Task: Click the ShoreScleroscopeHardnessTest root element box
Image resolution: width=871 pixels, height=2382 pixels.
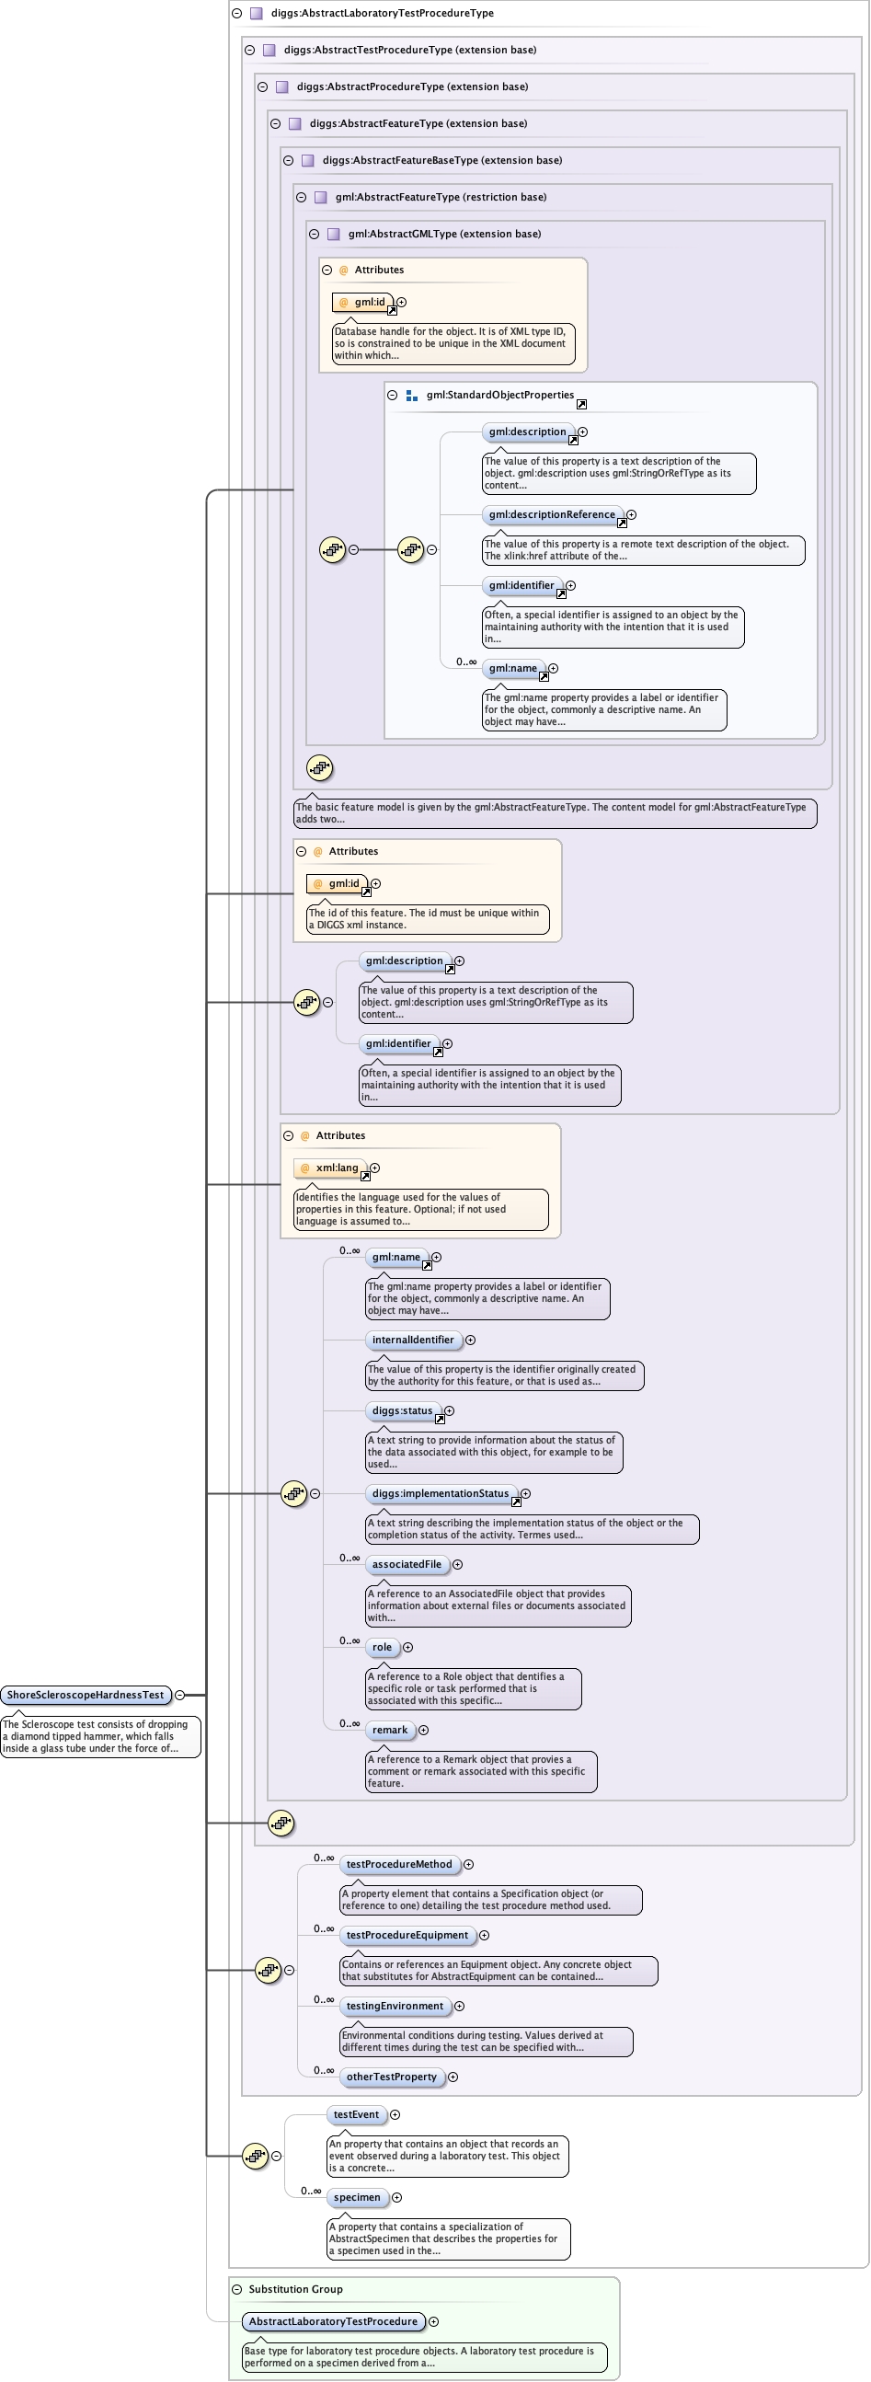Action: coord(85,1695)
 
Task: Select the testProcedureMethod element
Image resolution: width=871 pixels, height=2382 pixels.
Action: coord(398,1864)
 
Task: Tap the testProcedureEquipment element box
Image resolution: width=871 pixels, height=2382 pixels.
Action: coord(407,1936)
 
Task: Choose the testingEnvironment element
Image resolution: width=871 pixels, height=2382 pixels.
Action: coord(395,2006)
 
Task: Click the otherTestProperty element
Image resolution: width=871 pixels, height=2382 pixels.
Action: coord(391,2077)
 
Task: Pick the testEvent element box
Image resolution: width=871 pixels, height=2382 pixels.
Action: coord(356,2115)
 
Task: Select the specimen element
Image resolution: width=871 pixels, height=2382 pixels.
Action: coord(357,2197)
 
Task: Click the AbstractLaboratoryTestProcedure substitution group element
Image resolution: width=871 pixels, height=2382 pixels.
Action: coord(333,2321)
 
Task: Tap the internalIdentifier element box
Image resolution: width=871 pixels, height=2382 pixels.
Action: coord(413,1340)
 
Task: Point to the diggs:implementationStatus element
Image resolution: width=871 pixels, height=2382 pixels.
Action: coord(441,1493)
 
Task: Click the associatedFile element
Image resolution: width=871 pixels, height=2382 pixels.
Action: coord(407,1565)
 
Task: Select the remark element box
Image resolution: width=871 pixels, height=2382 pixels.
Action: coord(389,1730)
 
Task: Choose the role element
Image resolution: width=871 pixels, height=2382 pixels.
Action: coord(382,1647)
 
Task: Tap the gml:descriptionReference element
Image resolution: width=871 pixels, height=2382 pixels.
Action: coord(551,515)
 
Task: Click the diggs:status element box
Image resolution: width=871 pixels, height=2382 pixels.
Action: coord(402,1411)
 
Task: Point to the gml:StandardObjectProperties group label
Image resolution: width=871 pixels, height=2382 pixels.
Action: coord(499,395)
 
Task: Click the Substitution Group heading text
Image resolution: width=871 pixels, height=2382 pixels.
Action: coord(295,2289)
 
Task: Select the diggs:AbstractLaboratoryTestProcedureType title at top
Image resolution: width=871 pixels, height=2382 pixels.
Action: coord(382,13)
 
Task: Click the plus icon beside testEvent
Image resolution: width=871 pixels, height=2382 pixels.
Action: coord(395,2115)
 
